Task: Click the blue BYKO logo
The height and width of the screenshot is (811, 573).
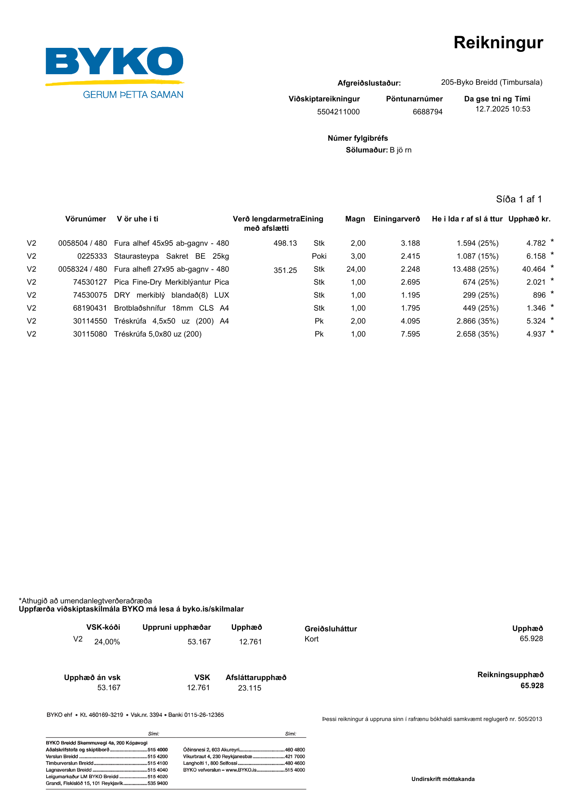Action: click(x=114, y=62)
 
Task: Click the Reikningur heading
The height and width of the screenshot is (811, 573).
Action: click(x=498, y=43)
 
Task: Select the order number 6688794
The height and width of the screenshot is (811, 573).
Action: click(x=428, y=112)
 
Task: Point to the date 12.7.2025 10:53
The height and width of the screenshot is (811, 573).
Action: click(x=502, y=109)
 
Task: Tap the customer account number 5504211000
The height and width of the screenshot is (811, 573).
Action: click(x=338, y=112)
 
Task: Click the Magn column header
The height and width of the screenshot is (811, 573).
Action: click(x=355, y=219)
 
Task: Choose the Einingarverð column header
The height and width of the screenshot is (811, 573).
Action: click(x=397, y=219)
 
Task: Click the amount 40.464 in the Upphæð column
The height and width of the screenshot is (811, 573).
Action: click(x=534, y=269)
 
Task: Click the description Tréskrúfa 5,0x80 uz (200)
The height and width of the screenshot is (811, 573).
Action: click(x=158, y=334)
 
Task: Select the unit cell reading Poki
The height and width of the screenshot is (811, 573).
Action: click(x=319, y=256)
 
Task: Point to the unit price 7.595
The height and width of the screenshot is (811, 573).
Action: click(x=410, y=334)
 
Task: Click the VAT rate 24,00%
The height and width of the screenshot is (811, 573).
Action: click(x=107, y=642)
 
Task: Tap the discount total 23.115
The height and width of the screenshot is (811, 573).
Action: click(x=250, y=688)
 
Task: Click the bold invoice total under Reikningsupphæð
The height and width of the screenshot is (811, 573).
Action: click(x=532, y=686)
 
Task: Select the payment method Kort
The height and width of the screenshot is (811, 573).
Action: click(x=312, y=639)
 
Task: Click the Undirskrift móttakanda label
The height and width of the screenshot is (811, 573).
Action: click(x=443, y=779)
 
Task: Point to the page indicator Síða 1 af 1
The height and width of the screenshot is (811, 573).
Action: click(x=519, y=199)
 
